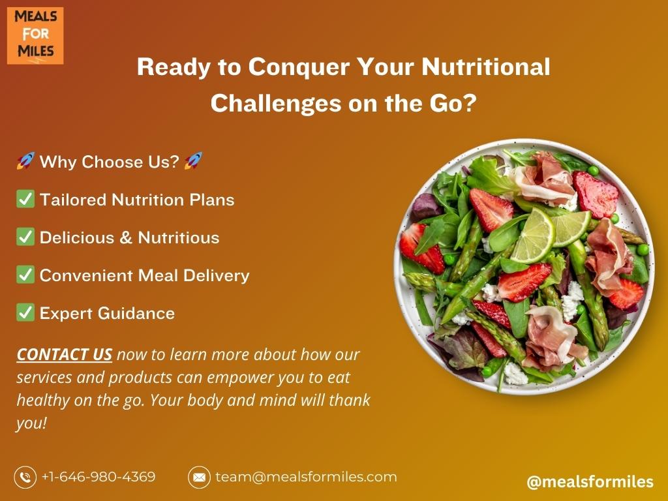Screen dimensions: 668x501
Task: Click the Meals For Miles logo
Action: pyautogui.click(x=35, y=36)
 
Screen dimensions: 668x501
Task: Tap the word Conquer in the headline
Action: pyautogui.click(x=299, y=67)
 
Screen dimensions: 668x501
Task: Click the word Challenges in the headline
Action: pyautogui.click(x=275, y=104)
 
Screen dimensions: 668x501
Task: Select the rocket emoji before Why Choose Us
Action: pyautogui.click(x=25, y=161)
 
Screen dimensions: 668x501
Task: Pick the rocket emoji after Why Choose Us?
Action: pyautogui.click(x=193, y=161)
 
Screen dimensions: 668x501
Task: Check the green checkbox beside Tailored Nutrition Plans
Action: pyautogui.click(x=25, y=199)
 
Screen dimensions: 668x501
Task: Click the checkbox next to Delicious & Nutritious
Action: pyautogui.click(x=25, y=237)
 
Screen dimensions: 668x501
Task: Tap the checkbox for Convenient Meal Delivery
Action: pyautogui.click(x=25, y=275)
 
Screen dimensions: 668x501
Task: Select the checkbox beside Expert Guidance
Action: pyautogui.click(x=25, y=312)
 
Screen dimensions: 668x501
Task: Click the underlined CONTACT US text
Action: pyautogui.click(x=65, y=354)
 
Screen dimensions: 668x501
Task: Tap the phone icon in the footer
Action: pyautogui.click(x=25, y=477)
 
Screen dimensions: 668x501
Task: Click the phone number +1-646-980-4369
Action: pyautogui.click(x=99, y=477)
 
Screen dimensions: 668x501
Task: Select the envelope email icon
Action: pyautogui.click(x=199, y=477)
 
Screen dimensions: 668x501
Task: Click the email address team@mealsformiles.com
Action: pyautogui.click(x=306, y=477)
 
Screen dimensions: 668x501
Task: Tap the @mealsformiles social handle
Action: pyautogui.click(x=590, y=482)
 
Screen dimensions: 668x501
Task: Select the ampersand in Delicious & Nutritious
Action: pyautogui.click(x=126, y=237)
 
